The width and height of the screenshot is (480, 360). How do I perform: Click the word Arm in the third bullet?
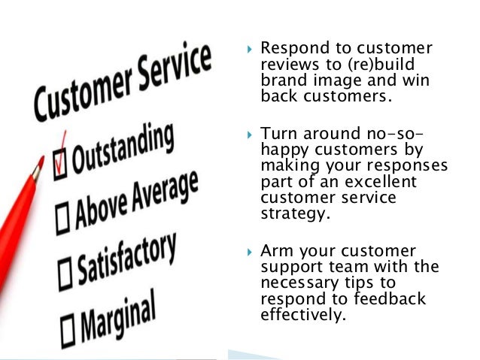click(275, 250)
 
